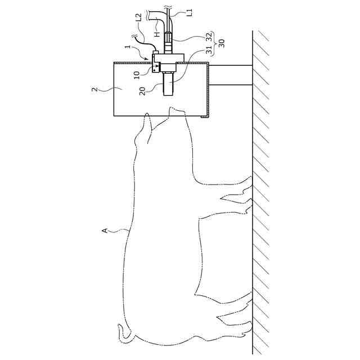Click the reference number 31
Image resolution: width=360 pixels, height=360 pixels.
(193, 51)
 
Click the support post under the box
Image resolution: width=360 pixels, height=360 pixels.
(231, 75)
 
